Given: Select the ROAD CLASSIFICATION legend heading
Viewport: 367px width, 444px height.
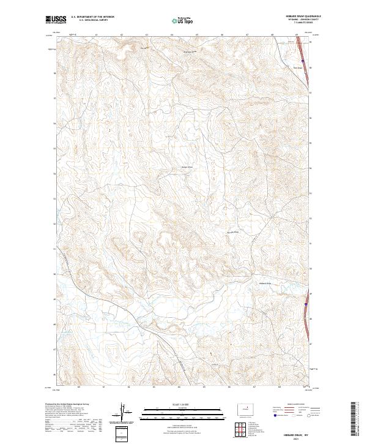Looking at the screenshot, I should pyautogui.click(x=293, y=405).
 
